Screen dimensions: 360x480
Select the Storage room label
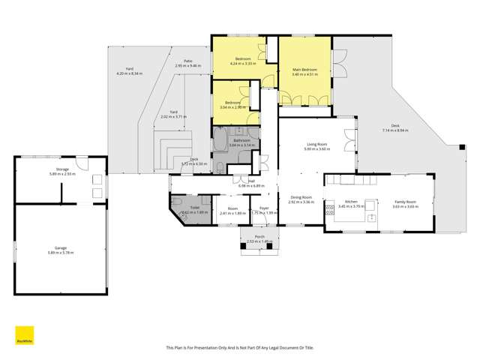pyautogui.click(x=62, y=169)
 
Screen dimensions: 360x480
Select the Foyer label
pyautogui.click(x=264, y=208)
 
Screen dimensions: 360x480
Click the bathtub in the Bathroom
pyautogui.click(x=219, y=140)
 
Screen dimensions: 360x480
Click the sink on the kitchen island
pyautogui.click(x=371, y=217)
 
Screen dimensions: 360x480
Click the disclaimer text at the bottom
pyautogui.click(x=238, y=347)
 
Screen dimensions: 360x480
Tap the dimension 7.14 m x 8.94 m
pyautogui.click(x=394, y=130)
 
